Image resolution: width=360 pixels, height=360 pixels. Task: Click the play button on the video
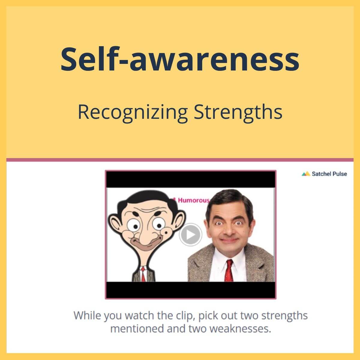pyautogui.click(x=190, y=235)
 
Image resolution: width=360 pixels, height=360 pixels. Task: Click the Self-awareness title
pyautogui.click(x=180, y=59)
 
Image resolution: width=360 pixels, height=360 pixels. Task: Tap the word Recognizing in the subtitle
pyautogui.click(x=133, y=112)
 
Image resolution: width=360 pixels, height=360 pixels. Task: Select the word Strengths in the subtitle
pyautogui.click(x=238, y=112)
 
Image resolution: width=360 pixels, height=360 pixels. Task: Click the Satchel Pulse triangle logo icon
pyautogui.click(x=306, y=174)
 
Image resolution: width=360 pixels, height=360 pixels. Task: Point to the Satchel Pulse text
pyautogui.click(x=329, y=174)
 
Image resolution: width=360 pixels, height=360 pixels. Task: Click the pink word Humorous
pyautogui.click(x=194, y=200)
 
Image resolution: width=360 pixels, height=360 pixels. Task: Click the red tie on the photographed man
pyautogui.click(x=229, y=271)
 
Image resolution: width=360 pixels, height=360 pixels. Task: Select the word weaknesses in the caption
pyautogui.click(x=240, y=328)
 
